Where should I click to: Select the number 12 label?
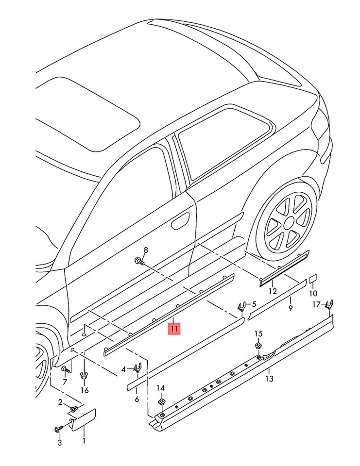[273, 291]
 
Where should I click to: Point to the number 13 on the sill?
[270, 378]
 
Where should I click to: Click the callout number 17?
[316, 304]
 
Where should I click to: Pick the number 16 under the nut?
[85, 390]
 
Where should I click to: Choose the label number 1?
[84, 441]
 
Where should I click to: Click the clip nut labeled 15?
[258, 346]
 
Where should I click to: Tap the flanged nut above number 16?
[84, 375]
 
